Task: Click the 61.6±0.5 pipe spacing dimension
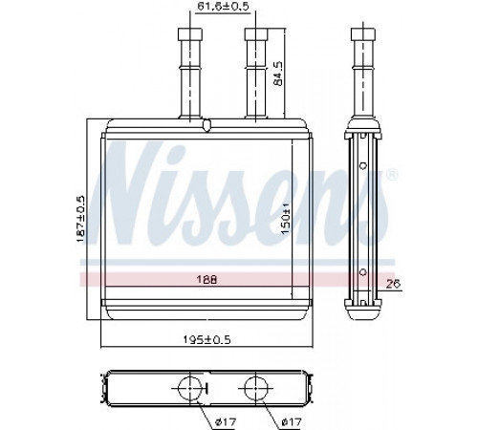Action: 223,7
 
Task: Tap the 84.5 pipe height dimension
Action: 278,74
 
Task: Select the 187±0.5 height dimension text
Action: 81,219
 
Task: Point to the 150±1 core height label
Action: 286,218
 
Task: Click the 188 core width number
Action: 206,280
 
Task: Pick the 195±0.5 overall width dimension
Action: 206,340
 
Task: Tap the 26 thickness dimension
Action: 393,284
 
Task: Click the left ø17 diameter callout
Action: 226,422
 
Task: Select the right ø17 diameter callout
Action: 292,422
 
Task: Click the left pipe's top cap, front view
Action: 190,34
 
